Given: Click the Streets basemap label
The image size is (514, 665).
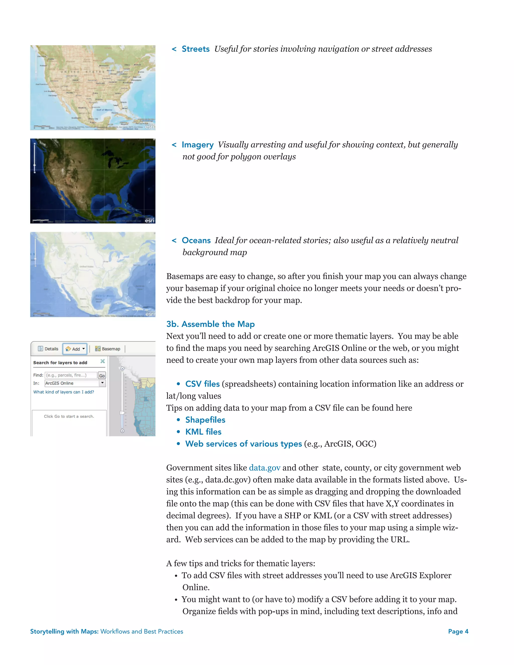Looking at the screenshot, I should (x=196, y=49).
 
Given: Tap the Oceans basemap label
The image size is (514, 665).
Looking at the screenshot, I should (x=196, y=241).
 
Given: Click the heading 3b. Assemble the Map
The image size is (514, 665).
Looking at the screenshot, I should (x=210, y=324).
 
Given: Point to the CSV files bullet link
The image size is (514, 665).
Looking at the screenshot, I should (x=202, y=384).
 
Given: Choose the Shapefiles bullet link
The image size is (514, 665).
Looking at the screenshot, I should (x=205, y=420).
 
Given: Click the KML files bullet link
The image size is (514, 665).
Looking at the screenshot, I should (x=203, y=432).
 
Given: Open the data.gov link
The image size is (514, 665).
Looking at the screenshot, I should (x=264, y=468).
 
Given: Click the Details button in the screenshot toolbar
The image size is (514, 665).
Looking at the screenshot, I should (x=48, y=349).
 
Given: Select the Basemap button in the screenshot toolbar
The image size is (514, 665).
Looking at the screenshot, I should (x=108, y=349).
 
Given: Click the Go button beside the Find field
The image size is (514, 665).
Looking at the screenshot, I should (x=102, y=375).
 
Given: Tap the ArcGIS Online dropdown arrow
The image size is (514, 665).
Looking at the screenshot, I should (x=102, y=383).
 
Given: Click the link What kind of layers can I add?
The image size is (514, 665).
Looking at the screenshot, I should (x=64, y=392).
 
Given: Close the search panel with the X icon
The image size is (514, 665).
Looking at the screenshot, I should (x=103, y=361).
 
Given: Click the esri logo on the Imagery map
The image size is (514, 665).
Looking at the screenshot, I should (x=149, y=220).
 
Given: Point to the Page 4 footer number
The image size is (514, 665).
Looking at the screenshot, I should (x=458, y=632).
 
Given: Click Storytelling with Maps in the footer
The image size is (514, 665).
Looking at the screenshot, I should (x=64, y=632).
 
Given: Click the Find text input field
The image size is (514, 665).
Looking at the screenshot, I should (x=71, y=375).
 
